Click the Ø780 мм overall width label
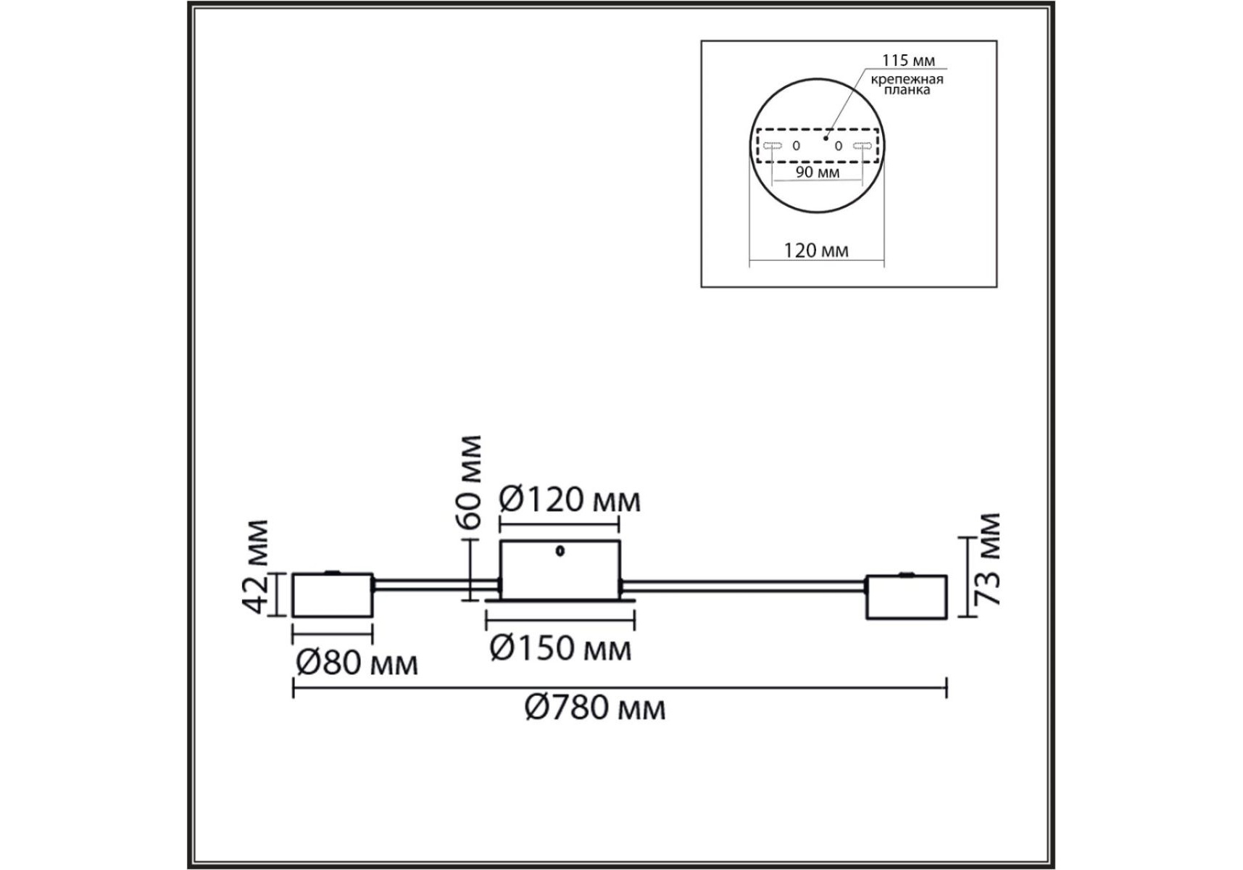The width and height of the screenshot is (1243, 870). pos(594,706)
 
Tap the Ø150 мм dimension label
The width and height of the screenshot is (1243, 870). pos(560,647)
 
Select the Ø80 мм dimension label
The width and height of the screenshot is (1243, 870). pos(357,662)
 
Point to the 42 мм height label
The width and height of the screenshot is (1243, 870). pos(257,567)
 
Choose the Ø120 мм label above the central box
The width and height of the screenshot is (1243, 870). pos(570,500)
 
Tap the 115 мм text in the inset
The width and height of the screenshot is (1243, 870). pos(907,60)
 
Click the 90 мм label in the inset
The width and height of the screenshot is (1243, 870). pos(818,172)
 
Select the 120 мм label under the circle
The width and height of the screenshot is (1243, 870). pos(816,250)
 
